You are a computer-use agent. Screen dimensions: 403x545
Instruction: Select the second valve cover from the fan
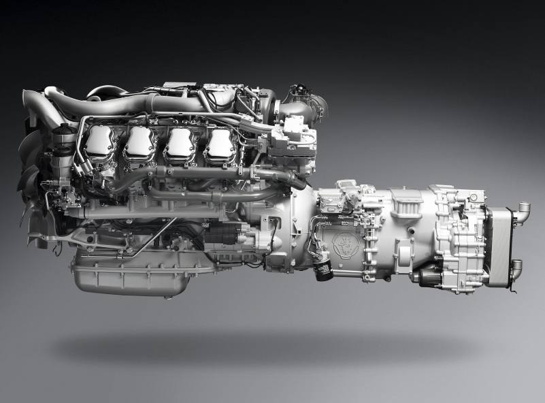140,144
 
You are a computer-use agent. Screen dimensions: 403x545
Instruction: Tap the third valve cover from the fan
180,144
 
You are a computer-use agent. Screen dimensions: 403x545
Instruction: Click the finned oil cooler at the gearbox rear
498,244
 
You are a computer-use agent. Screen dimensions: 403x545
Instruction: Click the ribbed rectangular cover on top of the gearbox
406,203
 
